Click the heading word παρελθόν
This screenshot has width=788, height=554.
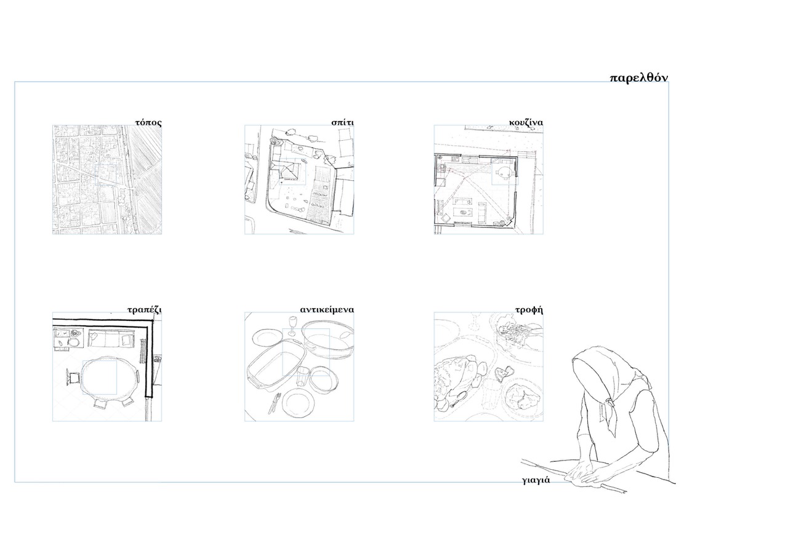click(x=638, y=78)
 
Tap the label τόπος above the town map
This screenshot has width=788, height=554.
click(x=148, y=123)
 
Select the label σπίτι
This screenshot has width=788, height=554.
click(x=342, y=122)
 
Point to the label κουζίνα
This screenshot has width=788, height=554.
click(x=526, y=122)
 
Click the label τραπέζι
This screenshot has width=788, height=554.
click(x=145, y=310)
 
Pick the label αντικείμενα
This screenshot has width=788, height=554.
click(x=327, y=310)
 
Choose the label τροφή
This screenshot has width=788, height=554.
click(x=529, y=310)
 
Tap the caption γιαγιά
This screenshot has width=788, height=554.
click(x=536, y=480)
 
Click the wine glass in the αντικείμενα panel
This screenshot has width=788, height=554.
click(x=292, y=326)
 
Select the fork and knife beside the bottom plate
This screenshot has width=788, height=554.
click(x=275, y=403)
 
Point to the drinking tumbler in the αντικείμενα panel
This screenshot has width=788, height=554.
click(x=303, y=376)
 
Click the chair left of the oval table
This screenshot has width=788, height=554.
click(x=73, y=378)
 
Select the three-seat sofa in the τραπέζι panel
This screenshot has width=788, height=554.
click(x=111, y=339)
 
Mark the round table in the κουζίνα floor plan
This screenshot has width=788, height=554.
click(x=505, y=172)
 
